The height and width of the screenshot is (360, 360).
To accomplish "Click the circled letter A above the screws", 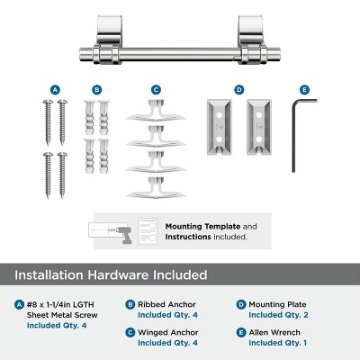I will [55, 90].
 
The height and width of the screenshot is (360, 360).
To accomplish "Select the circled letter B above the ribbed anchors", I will [97, 90].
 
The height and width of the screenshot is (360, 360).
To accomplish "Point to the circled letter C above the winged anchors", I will [156, 90].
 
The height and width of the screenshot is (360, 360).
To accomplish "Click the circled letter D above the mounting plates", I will [238, 90].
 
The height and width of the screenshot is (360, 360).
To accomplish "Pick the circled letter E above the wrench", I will [304, 90].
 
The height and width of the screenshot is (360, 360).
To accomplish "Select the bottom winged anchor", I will [156, 191].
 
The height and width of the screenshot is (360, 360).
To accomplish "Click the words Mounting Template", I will [193, 226].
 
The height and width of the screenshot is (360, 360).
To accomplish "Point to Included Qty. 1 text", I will [278, 343].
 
